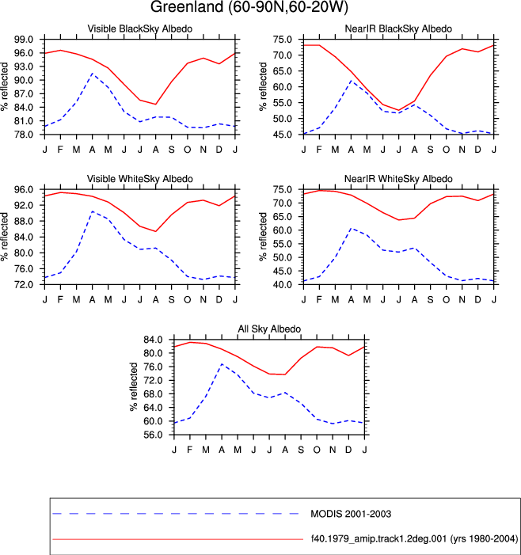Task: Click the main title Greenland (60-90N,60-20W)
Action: [249, 6]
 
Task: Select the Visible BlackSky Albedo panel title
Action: [140, 29]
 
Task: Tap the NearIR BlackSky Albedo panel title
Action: [398, 29]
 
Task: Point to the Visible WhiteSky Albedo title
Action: [140, 179]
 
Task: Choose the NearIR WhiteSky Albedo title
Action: [398, 179]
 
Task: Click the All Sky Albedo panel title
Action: [269, 329]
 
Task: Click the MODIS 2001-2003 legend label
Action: [351, 514]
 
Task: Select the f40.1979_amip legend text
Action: [414, 538]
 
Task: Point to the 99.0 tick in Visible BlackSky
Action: [24, 40]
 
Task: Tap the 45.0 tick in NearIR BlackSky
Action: [283, 135]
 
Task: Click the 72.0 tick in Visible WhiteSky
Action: [24, 284]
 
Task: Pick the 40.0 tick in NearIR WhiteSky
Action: [283, 284]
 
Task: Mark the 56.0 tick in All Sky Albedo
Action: [153, 435]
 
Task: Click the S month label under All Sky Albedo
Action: [301, 450]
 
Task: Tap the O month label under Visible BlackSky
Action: [187, 150]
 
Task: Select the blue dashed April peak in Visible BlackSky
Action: [92, 74]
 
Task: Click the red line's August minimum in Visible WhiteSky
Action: [156, 231]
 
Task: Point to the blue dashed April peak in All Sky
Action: [222, 364]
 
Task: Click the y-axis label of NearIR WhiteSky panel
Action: [263, 237]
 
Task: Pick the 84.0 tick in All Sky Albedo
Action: [153, 340]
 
